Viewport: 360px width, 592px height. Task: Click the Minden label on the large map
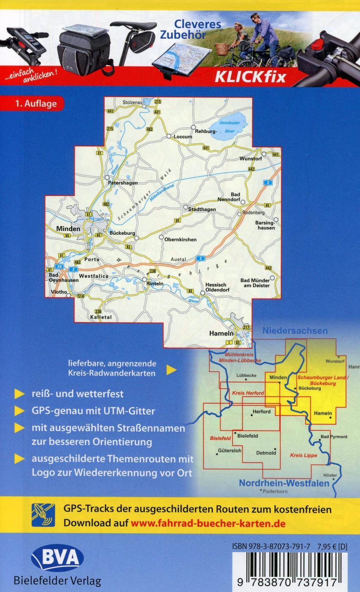(x=68, y=229)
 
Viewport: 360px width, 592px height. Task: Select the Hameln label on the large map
(x=221, y=333)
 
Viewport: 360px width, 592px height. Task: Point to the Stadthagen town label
(x=202, y=209)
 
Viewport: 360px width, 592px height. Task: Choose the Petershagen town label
(x=123, y=183)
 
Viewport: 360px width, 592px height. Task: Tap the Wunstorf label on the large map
(x=251, y=159)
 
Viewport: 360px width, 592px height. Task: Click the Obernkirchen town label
(x=180, y=240)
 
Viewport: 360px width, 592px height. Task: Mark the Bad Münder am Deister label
(x=255, y=283)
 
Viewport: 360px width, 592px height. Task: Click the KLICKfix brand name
(x=250, y=77)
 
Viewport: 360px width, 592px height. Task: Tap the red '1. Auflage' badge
(x=36, y=104)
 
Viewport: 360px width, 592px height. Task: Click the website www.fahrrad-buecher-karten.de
(x=208, y=523)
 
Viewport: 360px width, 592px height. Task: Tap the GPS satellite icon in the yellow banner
(x=43, y=515)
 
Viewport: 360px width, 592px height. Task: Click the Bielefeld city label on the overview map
(x=248, y=436)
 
